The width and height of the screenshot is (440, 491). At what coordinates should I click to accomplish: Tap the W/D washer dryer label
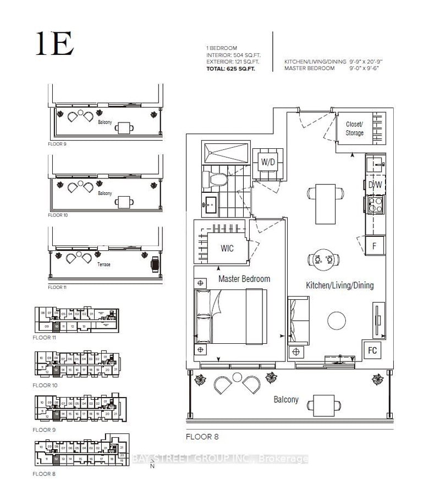(x=268, y=163)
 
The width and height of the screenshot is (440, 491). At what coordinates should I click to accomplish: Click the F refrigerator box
(x=374, y=246)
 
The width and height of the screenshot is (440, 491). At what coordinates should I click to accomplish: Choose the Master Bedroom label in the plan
(x=244, y=279)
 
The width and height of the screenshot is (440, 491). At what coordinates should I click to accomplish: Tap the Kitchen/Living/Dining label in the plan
(x=339, y=285)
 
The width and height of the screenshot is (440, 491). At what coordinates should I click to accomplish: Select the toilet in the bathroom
(x=212, y=178)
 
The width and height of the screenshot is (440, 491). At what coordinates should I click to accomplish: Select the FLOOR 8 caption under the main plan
(x=202, y=437)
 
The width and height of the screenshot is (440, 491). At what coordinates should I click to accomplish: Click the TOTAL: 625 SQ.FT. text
(x=231, y=69)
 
